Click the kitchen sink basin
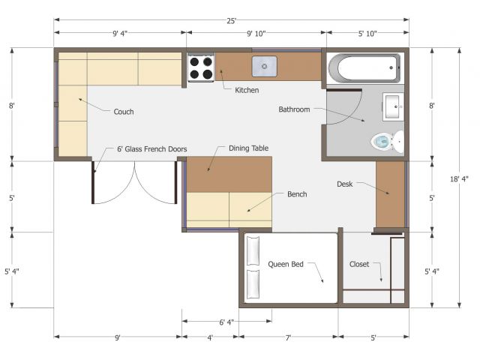[x=264, y=66]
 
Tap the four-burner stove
[x=201, y=67]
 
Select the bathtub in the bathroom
[x=364, y=68]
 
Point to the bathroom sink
[x=393, y=106]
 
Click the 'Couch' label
[x=124, y=112]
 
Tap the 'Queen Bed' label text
[x=286, y=264]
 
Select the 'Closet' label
[x=359, y=264]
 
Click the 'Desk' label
[x=345, y=184]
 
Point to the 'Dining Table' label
[x=248, y=148]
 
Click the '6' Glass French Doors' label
[x=152, y=149]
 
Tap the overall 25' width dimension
[x=232, y=21]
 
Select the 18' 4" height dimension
[x=459, y=179]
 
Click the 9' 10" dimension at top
[x=256, y=34]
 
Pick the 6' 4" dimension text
[x=226, y=322]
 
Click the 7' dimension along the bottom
[x=288, y=338]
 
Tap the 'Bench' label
[x=297, y=194]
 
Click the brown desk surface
[x=390, y=195]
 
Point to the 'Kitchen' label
[x=247, y=90]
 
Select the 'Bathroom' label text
[x=294, y=109]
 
